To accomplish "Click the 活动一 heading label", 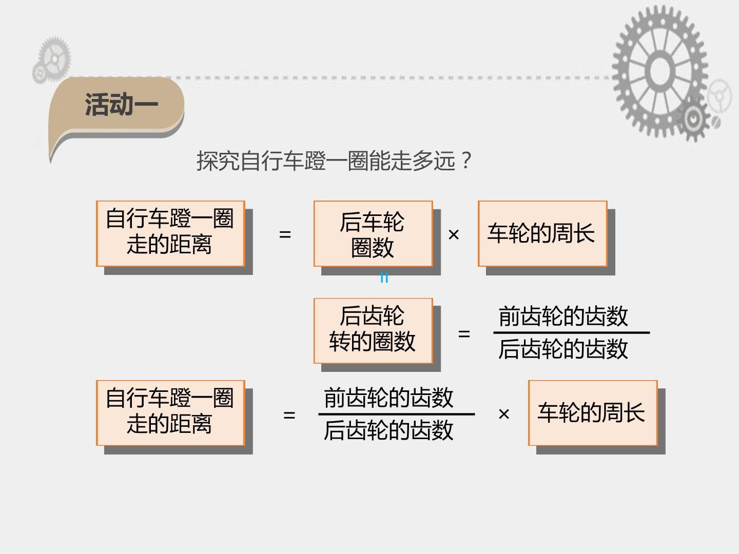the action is pos(121,105).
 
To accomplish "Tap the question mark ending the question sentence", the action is pos(466,161).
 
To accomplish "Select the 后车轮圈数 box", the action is pos(373,234).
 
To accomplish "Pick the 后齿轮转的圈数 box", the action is pos(373,331).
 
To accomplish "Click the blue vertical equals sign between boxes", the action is pos(384,278).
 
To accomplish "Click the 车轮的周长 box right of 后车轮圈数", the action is pos(542,234).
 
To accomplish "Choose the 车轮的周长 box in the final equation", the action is pos(593,413).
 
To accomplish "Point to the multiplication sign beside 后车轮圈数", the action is pos(454,234).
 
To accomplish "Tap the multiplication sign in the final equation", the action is pos(504,414).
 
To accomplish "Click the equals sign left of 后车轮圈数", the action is pos(285,234).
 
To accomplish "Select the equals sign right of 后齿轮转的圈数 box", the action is pos(464,334).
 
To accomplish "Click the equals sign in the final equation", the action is pos(289,415).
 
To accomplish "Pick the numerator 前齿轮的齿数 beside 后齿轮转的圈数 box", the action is pos(563,316).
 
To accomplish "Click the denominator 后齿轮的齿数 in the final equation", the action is pos(388,430).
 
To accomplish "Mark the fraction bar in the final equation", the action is pos(397,414).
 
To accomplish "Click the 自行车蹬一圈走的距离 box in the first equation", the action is pos(170,234).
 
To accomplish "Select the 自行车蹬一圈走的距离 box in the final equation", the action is pos(170,413).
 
